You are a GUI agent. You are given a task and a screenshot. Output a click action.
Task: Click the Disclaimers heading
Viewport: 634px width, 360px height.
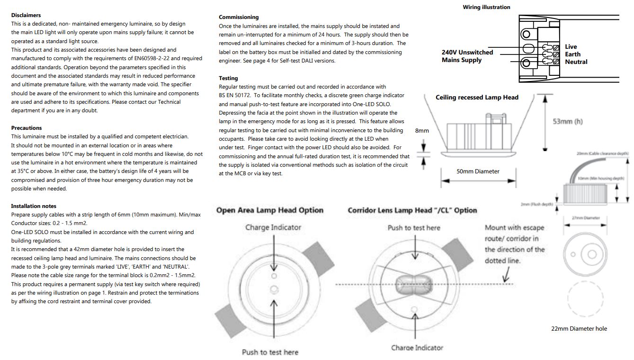click(x=26, y=15)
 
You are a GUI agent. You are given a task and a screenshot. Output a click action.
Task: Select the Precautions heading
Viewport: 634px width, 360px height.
click(x=27, y=128)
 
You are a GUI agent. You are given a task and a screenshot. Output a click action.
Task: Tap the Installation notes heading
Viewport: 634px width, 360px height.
click(x=34, y=206)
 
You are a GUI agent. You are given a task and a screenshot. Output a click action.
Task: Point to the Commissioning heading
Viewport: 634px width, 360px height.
click(x=239, y=17)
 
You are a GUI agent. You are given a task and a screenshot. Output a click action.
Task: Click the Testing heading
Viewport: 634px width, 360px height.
click(x=228, y=78)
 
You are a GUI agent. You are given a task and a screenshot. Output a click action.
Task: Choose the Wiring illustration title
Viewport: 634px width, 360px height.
click(x=486, y=7)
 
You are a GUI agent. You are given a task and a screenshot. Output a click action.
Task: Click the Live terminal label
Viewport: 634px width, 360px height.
click(x=571, y=47)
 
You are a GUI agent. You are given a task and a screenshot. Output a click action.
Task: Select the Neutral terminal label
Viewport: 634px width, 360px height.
click(x=576, y=62)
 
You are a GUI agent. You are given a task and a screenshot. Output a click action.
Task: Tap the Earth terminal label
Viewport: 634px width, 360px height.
click(x=572, y=54)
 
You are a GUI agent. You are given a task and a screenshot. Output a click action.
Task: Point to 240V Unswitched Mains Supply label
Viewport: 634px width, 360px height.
click(x=467, y=56)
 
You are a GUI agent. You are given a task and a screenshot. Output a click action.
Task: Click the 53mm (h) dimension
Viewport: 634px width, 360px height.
click(x=568, y=122)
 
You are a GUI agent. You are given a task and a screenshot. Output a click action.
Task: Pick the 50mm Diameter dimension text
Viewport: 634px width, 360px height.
click(x=478, y=171)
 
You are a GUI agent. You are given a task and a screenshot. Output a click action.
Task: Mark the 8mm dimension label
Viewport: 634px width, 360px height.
click(x=422, y=131)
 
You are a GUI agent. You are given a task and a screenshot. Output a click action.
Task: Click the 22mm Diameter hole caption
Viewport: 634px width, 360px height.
click(x=579, y=329)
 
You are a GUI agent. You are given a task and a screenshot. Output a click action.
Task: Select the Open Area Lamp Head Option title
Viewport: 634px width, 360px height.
click(x=270, y=210)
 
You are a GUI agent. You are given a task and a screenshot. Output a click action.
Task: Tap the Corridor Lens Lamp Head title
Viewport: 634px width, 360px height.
click(x=412, y=210)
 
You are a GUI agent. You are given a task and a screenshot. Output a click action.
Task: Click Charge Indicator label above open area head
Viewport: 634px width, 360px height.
click(x=273, y=228)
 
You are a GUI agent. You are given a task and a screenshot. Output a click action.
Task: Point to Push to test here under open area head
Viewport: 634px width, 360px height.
click(x=270, y=352)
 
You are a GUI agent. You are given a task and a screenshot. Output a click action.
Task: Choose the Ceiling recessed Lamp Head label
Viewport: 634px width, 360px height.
click(x=477, y=98)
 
